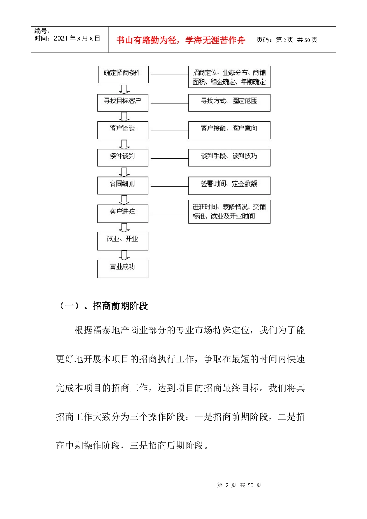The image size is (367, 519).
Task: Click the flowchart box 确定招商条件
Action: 123,74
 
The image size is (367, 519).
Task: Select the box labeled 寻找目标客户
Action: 123,102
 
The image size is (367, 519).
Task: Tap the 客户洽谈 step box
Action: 123,130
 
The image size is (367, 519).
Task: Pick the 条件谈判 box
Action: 123,158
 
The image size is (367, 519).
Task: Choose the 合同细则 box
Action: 123,185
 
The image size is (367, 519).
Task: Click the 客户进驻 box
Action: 123,213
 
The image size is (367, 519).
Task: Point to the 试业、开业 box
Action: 123,241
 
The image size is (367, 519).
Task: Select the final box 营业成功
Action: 123,268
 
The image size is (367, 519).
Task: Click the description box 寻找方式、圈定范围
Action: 229,102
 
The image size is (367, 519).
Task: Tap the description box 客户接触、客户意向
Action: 229,130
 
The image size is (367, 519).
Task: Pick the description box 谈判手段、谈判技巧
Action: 229,158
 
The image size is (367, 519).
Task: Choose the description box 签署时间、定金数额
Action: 229,185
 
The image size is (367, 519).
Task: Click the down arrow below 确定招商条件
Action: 124,89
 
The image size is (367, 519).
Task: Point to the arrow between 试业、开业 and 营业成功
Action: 124,255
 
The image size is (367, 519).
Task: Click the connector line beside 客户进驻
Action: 168,214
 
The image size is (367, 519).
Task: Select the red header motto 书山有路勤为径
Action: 180,40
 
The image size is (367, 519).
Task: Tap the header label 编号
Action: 42,31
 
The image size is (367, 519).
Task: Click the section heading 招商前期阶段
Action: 120,306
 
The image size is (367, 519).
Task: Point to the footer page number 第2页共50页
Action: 239,485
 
